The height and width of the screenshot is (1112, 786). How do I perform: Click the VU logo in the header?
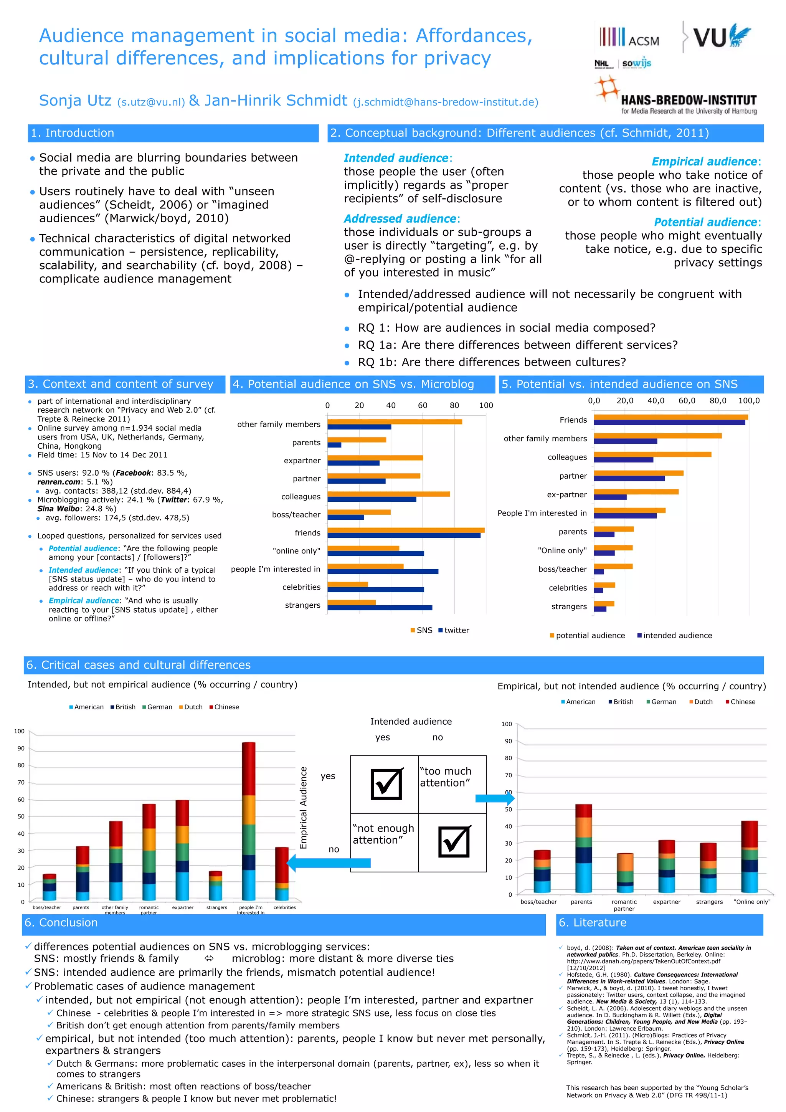pos(721,36)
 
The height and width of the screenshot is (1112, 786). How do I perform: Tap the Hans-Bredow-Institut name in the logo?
pos(688,100)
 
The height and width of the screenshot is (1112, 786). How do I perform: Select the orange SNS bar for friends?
pos(406,530)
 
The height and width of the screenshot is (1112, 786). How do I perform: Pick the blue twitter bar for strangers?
pos(380,607)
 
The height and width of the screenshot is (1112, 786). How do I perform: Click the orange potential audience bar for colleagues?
pos(652,454)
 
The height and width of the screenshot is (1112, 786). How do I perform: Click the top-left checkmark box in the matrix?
pos(386,784)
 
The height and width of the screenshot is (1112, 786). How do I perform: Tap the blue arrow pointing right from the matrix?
pos(494,798)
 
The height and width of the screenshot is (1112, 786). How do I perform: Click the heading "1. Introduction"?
pos(73,133)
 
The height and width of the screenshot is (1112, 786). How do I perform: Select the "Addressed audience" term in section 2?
pos(400,218)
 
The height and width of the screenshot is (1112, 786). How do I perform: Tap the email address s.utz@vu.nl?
pos(151,102)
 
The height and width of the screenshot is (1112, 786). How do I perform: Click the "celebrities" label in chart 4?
pos(301,587)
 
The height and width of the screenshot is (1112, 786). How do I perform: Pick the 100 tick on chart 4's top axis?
pos(486,405)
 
